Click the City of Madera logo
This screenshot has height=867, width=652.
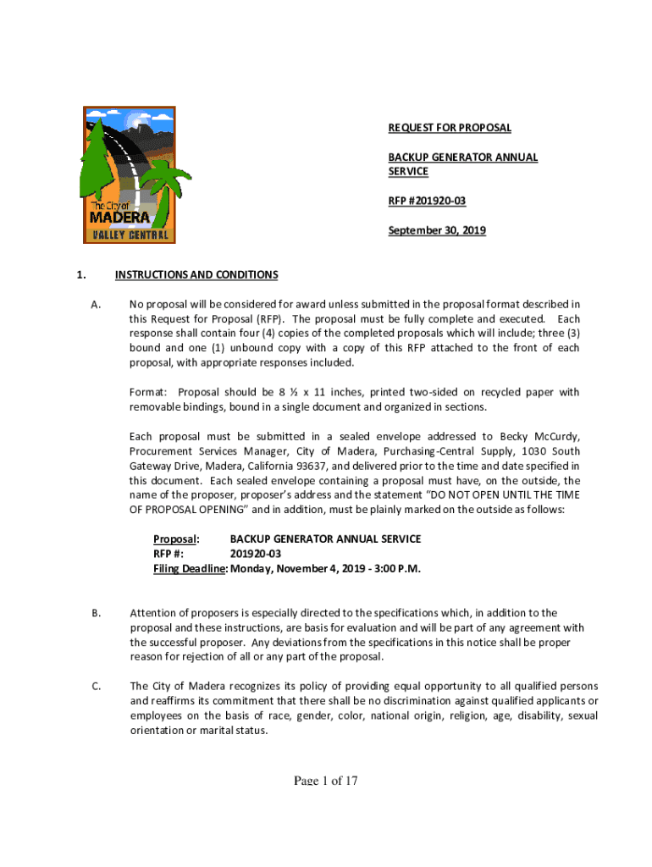(129, 175)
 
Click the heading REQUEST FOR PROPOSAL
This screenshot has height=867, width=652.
(450, 128)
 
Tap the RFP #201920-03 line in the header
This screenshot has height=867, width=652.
(427, 201)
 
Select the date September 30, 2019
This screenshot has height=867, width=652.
(437, 229)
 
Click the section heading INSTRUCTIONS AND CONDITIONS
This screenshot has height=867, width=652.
(196, 274)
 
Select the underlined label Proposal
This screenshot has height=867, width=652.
(175, 539)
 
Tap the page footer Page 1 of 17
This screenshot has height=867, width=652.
(326, 781)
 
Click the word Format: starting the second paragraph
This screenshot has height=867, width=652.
(148, 392)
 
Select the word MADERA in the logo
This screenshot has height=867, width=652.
(119, 218)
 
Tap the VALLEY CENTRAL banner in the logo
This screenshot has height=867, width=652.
(129, 235)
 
